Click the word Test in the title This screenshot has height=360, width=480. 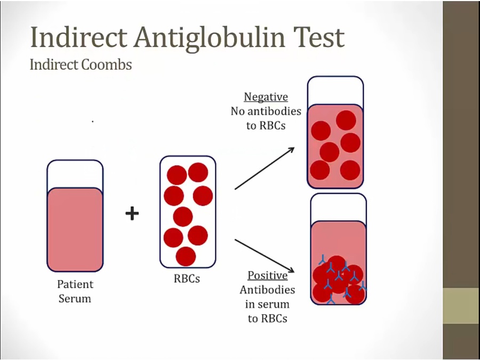[x=319, y=37]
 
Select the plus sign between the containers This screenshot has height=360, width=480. [x=132, y=213]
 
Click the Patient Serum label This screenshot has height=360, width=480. [x=75, y=291]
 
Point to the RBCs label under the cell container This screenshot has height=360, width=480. [x=187, y=278]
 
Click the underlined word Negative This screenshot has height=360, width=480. [x=266, y=97]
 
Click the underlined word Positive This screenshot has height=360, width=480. [x=268, y=276]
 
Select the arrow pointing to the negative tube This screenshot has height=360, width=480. [x=265, y=169]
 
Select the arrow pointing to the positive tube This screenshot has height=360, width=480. [x=265, y=255]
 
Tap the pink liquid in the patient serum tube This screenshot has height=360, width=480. [x=75, y=229]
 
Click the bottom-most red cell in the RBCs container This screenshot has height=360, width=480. [x=186, y=256]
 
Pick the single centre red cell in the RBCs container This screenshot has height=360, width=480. [x=183, y=217]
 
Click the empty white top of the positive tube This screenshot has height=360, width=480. [x=338, y=207]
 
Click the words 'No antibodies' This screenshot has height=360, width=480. [x=266, y=111]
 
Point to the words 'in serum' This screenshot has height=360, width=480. [x=267, y=305]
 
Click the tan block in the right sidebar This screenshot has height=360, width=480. [x=461, y=306]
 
